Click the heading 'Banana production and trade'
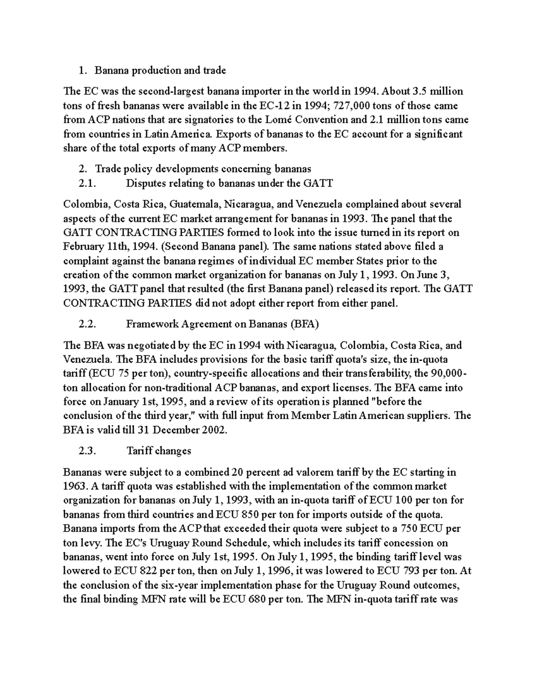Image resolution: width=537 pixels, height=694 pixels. pos(160,70)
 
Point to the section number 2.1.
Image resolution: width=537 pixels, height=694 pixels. pos(87,183)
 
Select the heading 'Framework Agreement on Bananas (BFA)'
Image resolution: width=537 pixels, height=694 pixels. pos(222,324)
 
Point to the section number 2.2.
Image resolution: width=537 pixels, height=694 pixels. pos(87,324)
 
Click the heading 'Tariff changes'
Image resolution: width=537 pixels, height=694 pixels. pos(159,451)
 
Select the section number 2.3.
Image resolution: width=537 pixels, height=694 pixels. pos(87,451)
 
